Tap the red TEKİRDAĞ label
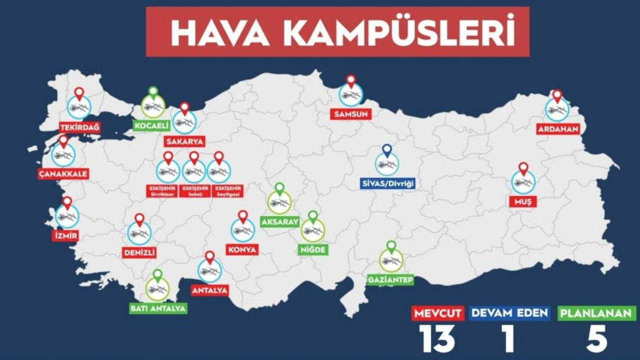click(x=79, y=127)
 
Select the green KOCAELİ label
click(x=151, y=125)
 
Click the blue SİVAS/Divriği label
click(x=388, y=183)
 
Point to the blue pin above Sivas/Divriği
click(x=387, y=150)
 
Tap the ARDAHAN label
click(x=558, y=129)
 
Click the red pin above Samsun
click(x=350, y=81)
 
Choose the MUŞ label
click(x=523, y=202)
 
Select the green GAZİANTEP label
click(x=390, y=279)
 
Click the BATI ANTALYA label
click(x=158, y=308)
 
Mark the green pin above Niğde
click(x=313, y=217)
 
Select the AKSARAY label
click(x=279, y=221)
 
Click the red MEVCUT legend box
click(x=431, y=313)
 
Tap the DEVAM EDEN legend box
click(x=509, y=313)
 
